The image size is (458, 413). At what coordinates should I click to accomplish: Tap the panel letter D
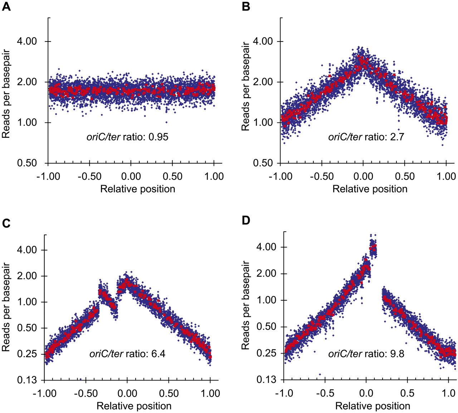246,220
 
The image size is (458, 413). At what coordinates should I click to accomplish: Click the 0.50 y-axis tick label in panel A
27,163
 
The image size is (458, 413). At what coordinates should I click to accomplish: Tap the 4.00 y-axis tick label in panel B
263,41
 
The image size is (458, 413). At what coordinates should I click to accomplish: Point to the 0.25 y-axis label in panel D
266,353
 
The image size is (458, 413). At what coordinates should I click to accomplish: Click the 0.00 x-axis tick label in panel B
363,176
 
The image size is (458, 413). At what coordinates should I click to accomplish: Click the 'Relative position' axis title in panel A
138,189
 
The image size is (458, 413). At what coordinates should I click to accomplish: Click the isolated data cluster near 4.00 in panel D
373,247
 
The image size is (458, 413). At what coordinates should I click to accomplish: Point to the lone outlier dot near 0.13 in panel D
320,375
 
